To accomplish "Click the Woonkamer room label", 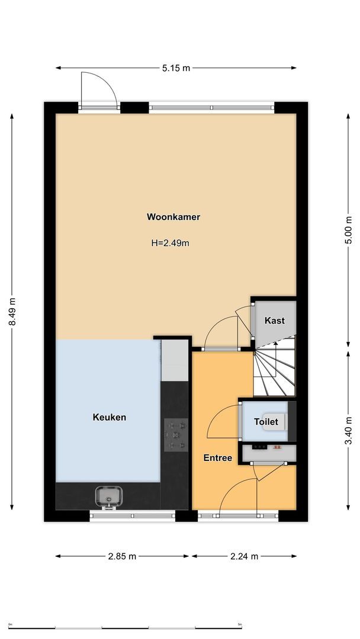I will click(173, 217).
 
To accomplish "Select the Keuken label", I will click(110, 417).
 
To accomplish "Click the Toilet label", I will click(265, 422).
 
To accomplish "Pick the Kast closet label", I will click(275, 321).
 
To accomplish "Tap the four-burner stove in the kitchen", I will click(176, 435).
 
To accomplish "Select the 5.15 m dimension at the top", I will click(176, 68).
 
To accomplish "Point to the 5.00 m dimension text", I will click(349, 231).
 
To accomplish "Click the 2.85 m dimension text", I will click(122, 556).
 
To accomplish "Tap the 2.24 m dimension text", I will click(244, 556).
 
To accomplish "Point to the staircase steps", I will click(274, 370).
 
